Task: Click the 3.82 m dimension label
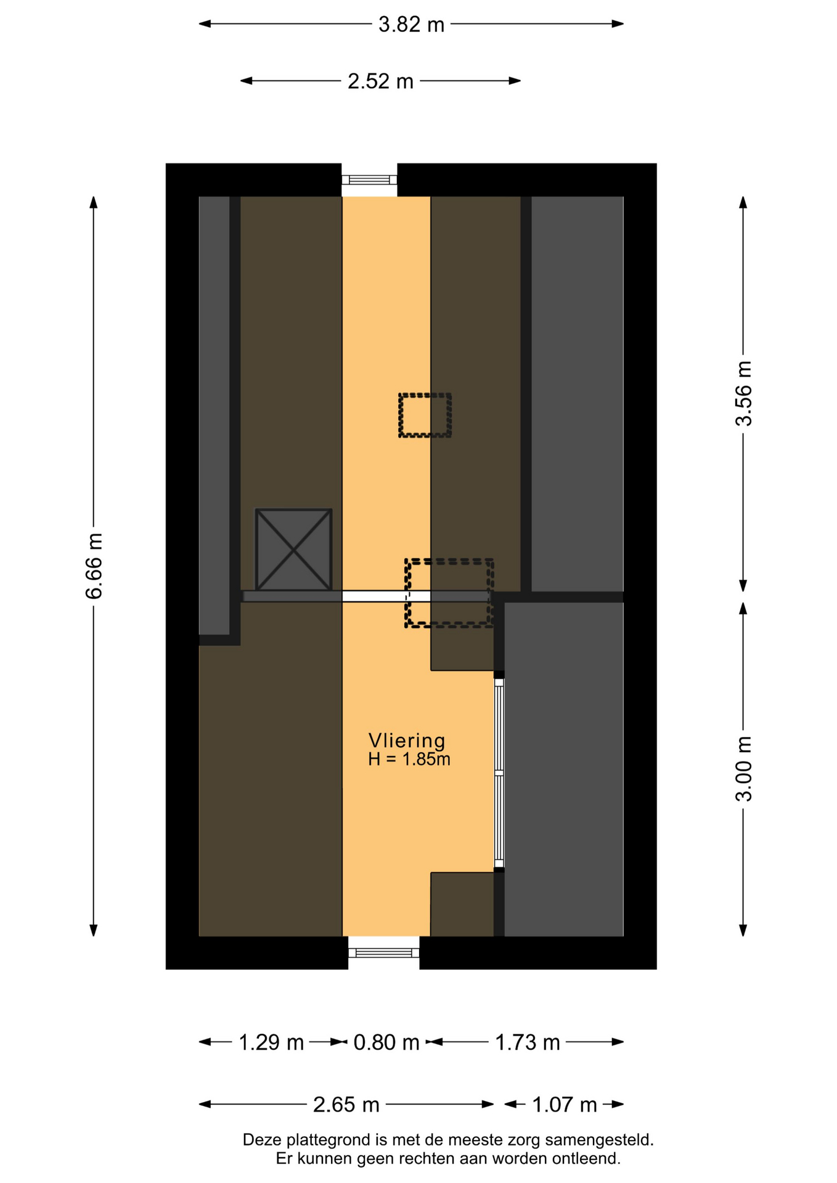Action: click(x=411, y=25)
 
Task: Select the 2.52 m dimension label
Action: click(x=380, y=81)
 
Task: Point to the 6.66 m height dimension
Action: click(x=94, y=566)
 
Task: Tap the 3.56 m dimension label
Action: click(x=743, y=393)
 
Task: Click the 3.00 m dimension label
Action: click(x=743, y=769)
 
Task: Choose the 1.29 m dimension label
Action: click(x=271, y=1043)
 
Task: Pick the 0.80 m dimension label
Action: click(x=386, y=1043)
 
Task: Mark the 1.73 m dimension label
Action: click(x=528, y=1043)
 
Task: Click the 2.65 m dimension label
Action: click(x=346, y=1105)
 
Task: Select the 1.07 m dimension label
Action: click(x=565, y=1105)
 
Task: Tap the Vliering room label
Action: click(x=407, y=741)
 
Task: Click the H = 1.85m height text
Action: click(x=409, y=759)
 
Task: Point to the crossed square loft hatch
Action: click(x=293, y=550)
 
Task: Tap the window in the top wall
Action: click(x=369, y=180)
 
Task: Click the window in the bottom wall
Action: click(x=384, y=953)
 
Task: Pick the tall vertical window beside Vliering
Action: click(x=499, y=773)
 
